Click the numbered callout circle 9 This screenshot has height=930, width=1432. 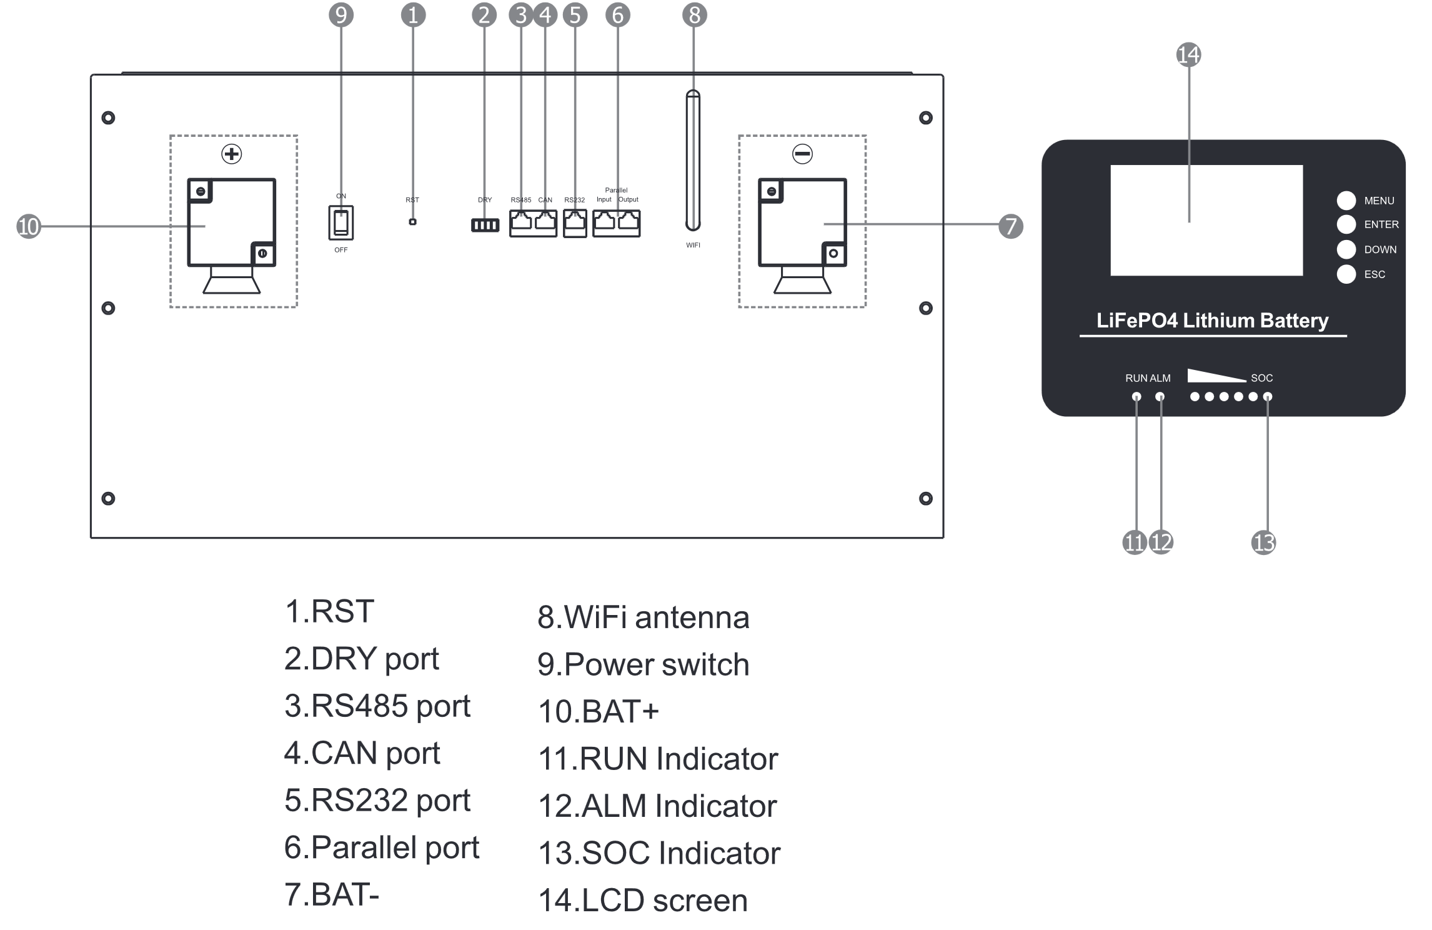pyautogui.click(x=341, y=14)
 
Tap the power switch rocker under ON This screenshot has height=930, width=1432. pyautogui.click(x=341, y=222)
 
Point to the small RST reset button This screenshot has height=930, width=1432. pyautogui.click(x=412, y=222)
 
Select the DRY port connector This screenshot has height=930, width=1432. pyautogui.click(x=485, y=225)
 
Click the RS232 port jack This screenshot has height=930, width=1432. pyautogui.click(x=575, y=223)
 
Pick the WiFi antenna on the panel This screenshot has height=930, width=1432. pyautogui.click(x=693, y=161)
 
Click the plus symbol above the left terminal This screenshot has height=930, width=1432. pyautogui.click(x=232, y=154)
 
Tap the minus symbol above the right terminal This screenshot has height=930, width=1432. pyautogui.click(x=802, y=154)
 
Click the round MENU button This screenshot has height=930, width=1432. pyautogui.click(x=1346, y=201)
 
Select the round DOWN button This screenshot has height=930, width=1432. pyautogui.click(x=1346, y=249)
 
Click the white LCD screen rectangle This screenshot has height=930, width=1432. pyautogui.click(x=1206, y=220)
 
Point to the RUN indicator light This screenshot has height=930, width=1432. pyautogui.click(x=1136, y=397)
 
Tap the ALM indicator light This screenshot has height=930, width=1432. pyautogui.click(x=1160, y=397)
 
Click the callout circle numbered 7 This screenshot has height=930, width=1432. pyautogui.click(x=1011, y=226)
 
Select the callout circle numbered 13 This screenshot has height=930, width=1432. pyautogui.click(x=1263, y=542)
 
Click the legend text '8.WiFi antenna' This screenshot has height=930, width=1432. pyautogui.click(x=643, y=617)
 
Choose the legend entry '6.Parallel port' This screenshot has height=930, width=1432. pyautogui.click(x=381, y=847)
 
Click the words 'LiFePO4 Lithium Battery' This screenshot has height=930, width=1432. pyautogui.click(x=1212, y=321)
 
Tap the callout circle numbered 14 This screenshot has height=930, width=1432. pyautogui.click(x=1188, y=54)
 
